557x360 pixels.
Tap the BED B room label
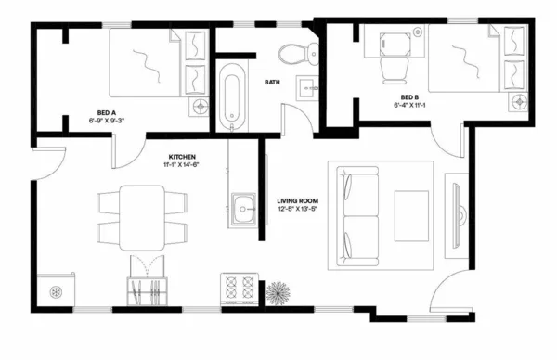408,96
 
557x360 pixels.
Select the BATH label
272,82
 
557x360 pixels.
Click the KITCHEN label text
182,156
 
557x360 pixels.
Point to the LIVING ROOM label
298,200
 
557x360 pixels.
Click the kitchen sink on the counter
245,208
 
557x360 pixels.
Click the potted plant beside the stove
278,293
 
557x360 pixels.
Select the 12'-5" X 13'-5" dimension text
298,210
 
